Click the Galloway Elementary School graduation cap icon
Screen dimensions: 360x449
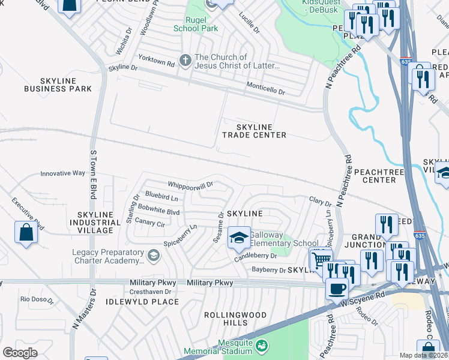(239, 238)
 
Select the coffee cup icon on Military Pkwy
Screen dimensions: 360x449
(337, 288)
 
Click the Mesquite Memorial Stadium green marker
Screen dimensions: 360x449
(262, 346)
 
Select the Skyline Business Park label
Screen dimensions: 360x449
(58, 85)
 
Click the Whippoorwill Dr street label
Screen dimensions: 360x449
(191, 185)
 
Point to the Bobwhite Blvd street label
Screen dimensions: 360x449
(158, 212)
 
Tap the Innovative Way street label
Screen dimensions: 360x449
(62, 173)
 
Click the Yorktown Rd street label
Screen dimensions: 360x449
(158, 62)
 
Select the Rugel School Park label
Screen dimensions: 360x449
(194, 24)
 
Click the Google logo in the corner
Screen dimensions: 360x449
(20, 352)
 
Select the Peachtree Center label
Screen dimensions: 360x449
(375, 175)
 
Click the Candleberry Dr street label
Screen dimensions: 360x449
(256, 256)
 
